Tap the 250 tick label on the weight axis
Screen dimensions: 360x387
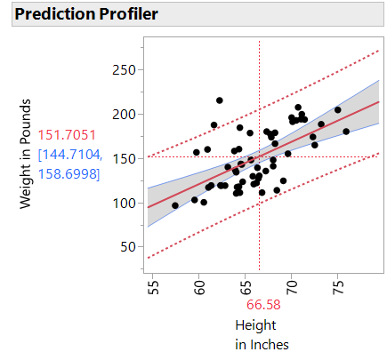click(x=121, y=70)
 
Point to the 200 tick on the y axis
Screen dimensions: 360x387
click(x=121, y=114)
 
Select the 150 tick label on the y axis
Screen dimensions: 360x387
click(x=121, y=158)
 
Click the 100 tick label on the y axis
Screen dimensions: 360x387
click(x=121, y=203)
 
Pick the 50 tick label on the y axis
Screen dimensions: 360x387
click(x=125, y=246)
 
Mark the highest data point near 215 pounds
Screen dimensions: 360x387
click(x=220, y=100)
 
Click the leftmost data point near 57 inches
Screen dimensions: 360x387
click(x=175, y=205)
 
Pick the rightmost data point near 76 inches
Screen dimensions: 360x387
click(x=346, y=132)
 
